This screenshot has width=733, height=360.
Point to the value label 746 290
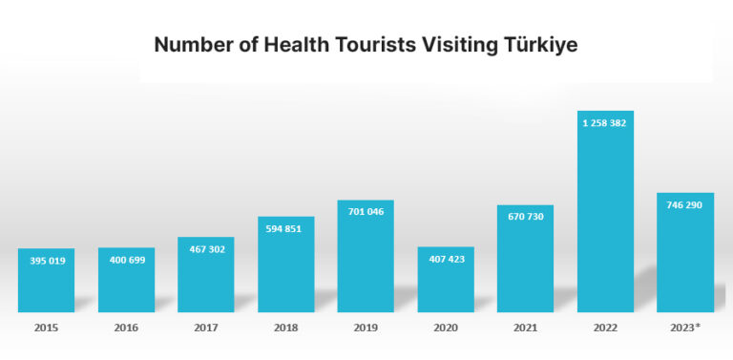coord(685,204)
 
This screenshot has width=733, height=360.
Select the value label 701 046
coord(366,211)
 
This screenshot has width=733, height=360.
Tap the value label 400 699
coord(126,260)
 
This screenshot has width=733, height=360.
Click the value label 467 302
coord(205,248)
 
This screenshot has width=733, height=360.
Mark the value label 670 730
coord(525,217)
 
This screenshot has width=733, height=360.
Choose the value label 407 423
coord(446,259)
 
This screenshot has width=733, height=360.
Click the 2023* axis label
coord(685,328)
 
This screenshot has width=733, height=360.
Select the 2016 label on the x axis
coord(126,328)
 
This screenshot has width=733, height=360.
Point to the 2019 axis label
coord(366,328)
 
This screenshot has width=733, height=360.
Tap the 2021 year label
coord(525,328)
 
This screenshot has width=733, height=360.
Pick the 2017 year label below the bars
coord(205,328)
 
